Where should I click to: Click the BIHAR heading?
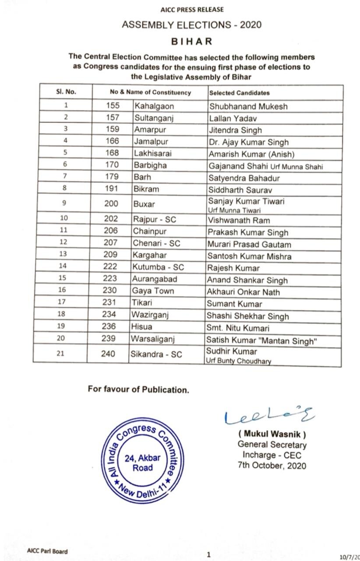pos(191,42)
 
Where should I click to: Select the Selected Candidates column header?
pos(239,93)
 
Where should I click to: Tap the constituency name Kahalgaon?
pos(154,106)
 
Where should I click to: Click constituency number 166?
pos(113,142)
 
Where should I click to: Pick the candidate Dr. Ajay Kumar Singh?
pos(249,142)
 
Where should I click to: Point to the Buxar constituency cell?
pos(144,204)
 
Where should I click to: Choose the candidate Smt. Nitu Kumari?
pos(239,327)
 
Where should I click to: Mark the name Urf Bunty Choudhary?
pos(239,361)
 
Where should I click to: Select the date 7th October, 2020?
pos(272,465)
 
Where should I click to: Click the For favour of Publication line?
pos(138,389)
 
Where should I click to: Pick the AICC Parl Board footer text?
pos(47,551)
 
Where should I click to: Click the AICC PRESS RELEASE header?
pos(191,10)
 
